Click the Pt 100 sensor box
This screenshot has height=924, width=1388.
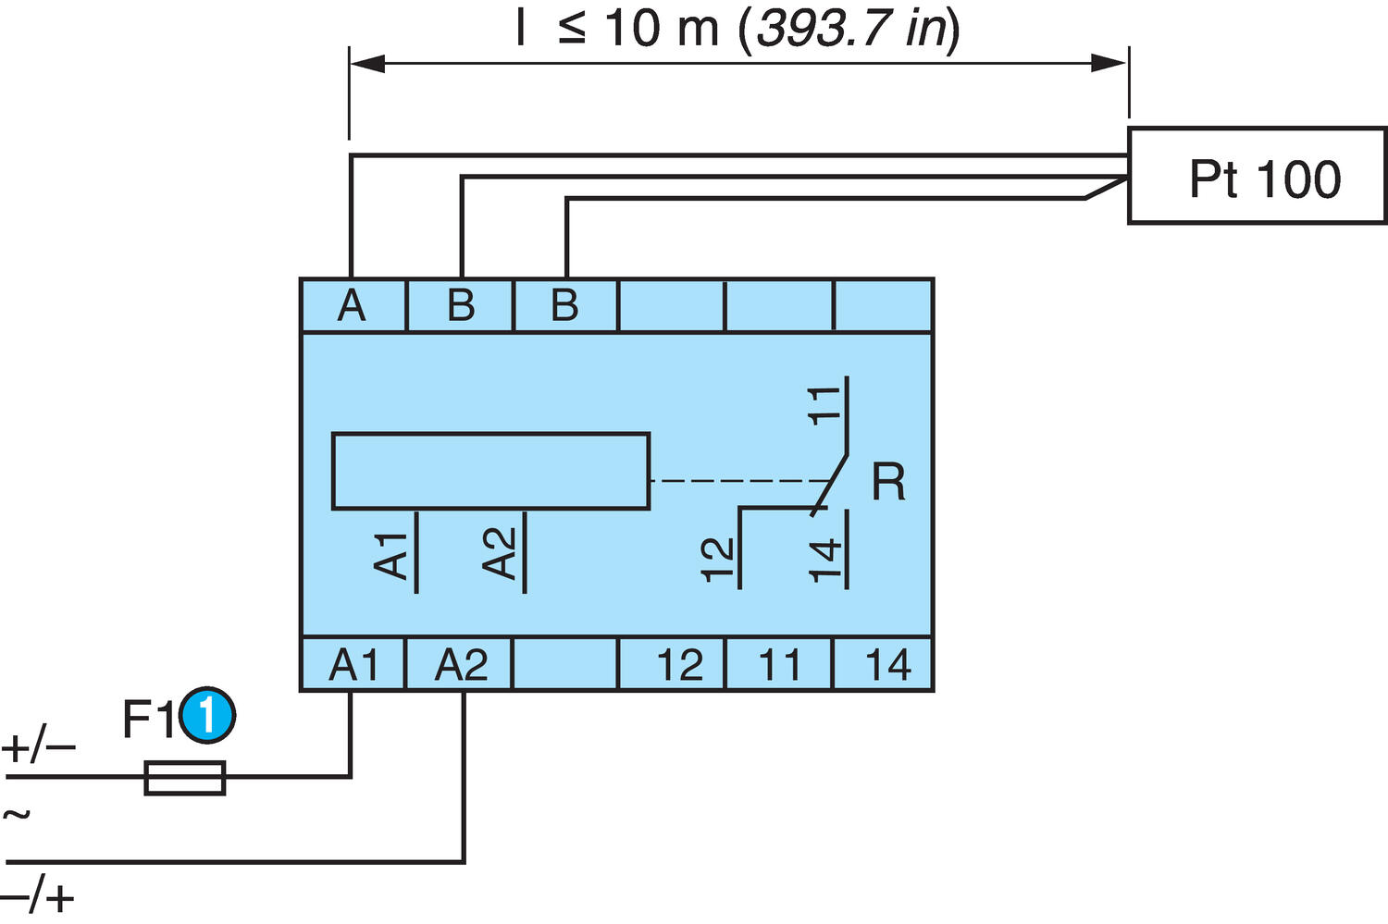[x=1257, y=177]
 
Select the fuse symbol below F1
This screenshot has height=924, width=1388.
[x=185, y=778]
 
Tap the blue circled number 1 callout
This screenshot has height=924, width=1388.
[x=207, y=716]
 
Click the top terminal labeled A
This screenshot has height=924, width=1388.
[x=353, y=305]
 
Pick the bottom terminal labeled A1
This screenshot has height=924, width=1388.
[x=353, y=664]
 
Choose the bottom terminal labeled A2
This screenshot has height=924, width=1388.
[x=460, y=664]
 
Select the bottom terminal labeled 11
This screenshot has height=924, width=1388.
[x=779, y=664]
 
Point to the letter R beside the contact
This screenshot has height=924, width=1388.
[x=888, y=482]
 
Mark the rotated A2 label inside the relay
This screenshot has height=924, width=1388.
[x=500, y=553]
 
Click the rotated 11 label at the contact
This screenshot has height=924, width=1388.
[x=824, y=404]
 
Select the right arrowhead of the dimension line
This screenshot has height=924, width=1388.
[x=1109, y=64]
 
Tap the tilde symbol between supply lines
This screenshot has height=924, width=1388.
[x=17, y=815]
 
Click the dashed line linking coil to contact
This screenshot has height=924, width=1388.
[x=740, y=481]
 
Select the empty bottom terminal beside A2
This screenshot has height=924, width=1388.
[x=564, y=664]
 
